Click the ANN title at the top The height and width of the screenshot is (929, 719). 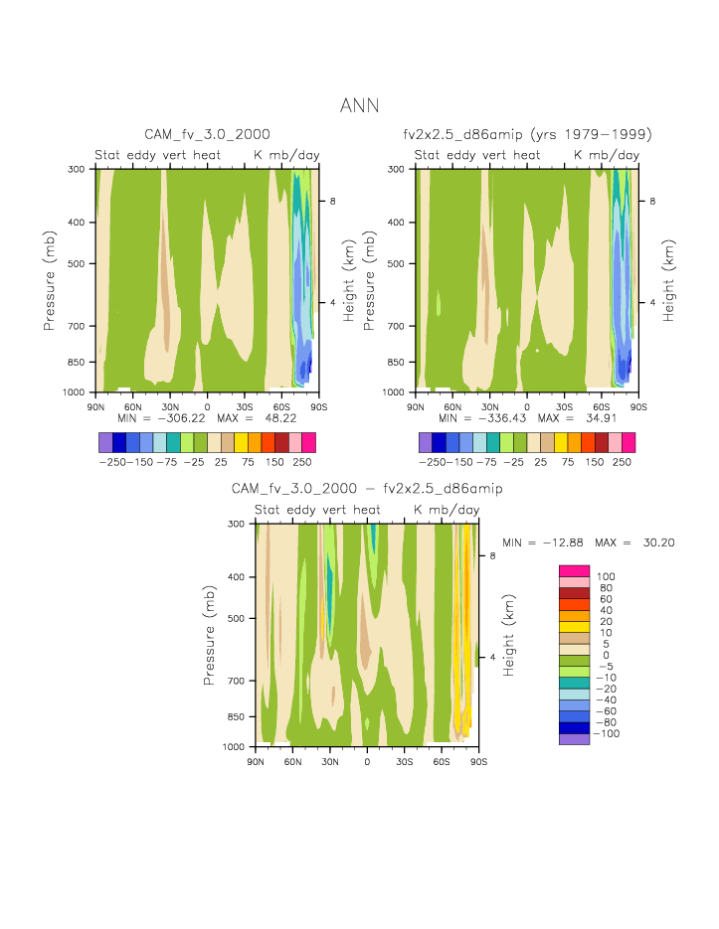359,105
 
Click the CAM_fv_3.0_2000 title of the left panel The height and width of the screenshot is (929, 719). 207,133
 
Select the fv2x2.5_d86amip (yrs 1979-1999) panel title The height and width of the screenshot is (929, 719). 527,133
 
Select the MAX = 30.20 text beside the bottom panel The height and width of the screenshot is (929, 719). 634,542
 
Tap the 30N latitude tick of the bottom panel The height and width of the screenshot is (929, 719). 329,761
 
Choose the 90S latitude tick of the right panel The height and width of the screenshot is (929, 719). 638,407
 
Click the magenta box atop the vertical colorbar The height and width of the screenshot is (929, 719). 575,570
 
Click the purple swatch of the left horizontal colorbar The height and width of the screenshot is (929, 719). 105,441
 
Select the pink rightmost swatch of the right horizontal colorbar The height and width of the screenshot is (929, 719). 628,441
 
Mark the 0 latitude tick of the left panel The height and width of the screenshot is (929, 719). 207,407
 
